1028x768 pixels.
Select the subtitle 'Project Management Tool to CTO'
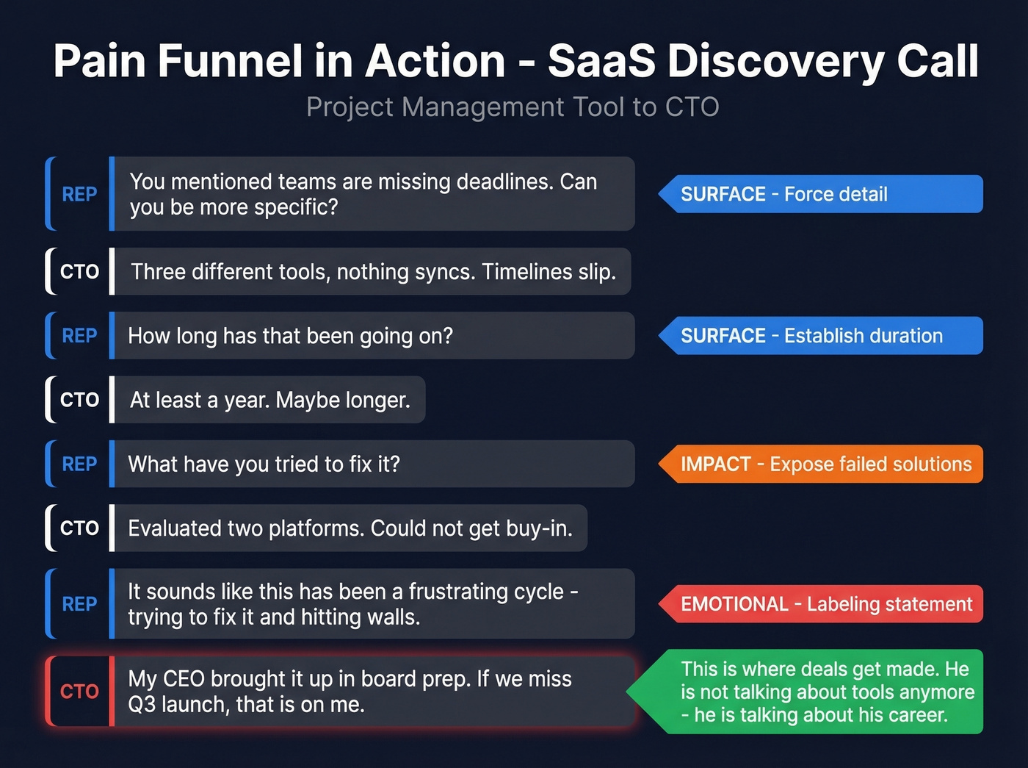(x=513, y=107)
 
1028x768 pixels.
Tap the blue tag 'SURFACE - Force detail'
(x=821, y=194)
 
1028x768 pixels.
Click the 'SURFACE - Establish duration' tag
(x=821, y=336)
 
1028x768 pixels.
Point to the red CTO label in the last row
(x=79, y=692)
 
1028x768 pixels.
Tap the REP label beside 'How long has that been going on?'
(x=79, y=336)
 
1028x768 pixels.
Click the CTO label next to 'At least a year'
(x=79, y=400)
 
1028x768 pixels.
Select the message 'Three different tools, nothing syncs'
(x=373, y=272)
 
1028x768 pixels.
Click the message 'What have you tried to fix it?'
(x=373, y=464)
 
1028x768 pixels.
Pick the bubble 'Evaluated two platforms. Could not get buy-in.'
(x=350, y=528)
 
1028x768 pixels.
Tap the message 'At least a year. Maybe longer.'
(x=269, y=400)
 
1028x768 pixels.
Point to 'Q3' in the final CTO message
(x=141, y=705)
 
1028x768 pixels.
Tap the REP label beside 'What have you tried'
(x=79, y=464)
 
